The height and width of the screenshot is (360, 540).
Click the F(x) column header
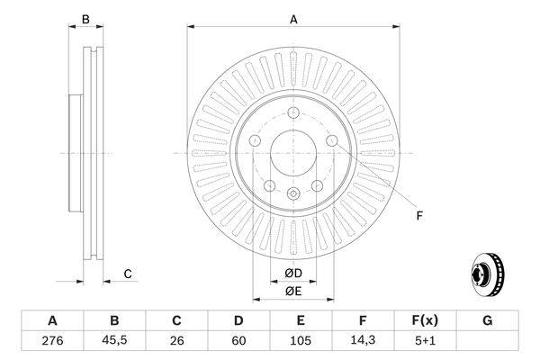pos(426,321)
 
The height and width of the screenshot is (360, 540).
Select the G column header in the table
pos(488,321)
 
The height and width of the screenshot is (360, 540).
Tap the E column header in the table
pos(301,321)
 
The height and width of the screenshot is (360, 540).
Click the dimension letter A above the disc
pos(293,18)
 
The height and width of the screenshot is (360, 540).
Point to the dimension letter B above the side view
pos(85,18)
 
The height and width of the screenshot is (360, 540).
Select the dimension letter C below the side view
pos(128,274)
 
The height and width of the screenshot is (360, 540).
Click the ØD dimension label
pos(292,273)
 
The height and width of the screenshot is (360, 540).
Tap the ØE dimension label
pos(292,291)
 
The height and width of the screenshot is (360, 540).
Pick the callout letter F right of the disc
pos(418,214)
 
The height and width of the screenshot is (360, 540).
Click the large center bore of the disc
pos(292,153)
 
